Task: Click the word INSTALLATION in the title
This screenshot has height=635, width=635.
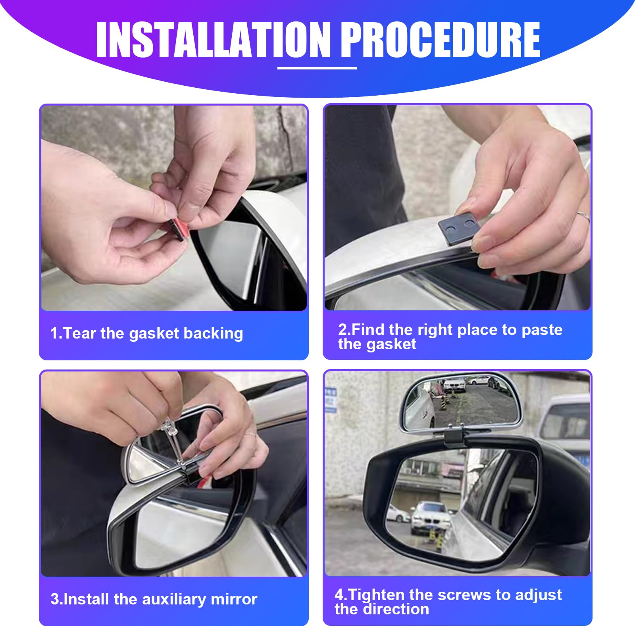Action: click(214, 40)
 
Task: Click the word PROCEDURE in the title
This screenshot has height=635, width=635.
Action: click(441, 40)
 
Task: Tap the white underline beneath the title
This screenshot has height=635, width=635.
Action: click(317, 68)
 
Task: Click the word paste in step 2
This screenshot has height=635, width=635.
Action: click(542, 330)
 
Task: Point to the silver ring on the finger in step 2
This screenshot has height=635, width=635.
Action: click(583, 216)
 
